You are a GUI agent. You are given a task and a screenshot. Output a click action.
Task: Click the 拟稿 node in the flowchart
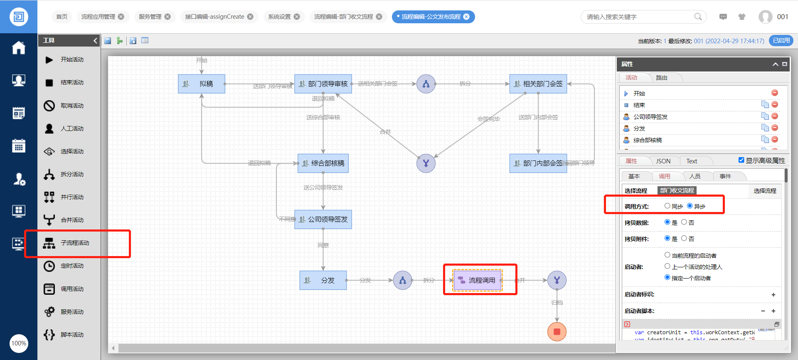click(x=202, y=84)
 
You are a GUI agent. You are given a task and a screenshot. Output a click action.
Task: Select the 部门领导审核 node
click(x=323, y=84)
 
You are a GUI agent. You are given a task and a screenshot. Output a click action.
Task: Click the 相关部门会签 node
click(x=538, y=84)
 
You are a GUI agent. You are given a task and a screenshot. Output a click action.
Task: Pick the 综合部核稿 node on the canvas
click(x=323, y=163)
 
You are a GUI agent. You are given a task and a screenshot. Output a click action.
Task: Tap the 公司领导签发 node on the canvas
click(x=323, y=219)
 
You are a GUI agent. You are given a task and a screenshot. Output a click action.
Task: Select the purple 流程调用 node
click(x=477, y=280)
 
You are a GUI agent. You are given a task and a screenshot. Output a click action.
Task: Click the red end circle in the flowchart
click(x=557, y=332)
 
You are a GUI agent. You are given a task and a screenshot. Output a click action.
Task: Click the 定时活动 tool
click(x=72, y=266)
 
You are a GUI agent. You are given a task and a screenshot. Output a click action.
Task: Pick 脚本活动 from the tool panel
click(x=72, y=335)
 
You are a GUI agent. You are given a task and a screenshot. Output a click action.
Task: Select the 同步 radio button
click(x=667, y=206)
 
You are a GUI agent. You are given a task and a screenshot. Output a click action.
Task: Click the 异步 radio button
click(x=690, y=206)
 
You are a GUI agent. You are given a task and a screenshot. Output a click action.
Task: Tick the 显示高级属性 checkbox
click(x=741, y=160)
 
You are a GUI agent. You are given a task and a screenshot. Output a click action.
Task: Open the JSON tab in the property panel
click(x=663, y=161)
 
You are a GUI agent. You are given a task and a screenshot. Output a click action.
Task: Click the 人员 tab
click(x=695, y=176)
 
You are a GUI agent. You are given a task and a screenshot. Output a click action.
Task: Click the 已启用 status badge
click(x=781, y=40)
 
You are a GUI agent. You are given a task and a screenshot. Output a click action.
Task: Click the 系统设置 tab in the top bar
click(x=279, y=17)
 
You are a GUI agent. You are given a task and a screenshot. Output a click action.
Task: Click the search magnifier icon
click(x=698, y=17)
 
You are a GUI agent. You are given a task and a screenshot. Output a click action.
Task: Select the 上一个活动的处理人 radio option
click(x=667, y=266)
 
